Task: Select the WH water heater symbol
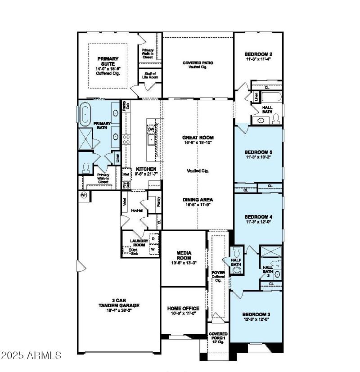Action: click(x=84, y=195)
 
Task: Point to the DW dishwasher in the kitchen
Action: click(x=151, y=129)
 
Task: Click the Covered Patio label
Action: click(x=198, y=63)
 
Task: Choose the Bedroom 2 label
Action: click(x=258, y=54)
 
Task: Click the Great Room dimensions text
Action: click(x=198, y=143)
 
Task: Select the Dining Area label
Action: click(x=198, y=199)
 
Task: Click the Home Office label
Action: click(x=183, y=309)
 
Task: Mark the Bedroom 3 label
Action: click(x=256, y=314)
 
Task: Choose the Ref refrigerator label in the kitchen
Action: click(x=126, y=172)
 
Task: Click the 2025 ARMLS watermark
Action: click(x=31, y=355)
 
